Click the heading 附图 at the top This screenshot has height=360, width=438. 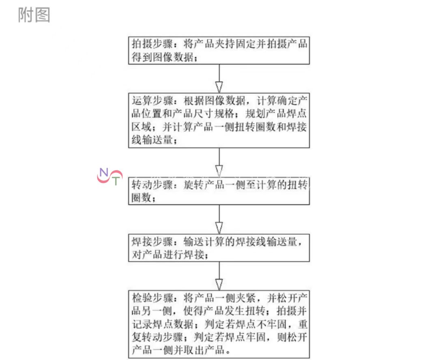point(34,15)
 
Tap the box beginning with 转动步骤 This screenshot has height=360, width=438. point(219,191)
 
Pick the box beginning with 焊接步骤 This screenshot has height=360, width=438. point(219,248)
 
